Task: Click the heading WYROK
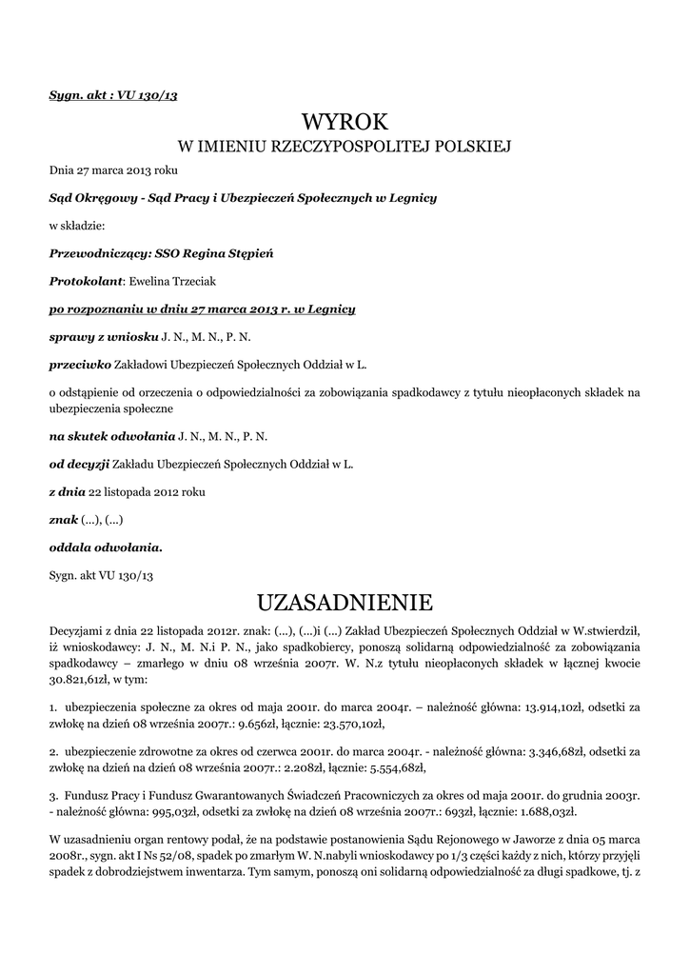tap(345, 122)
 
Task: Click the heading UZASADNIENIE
tap(345, 603)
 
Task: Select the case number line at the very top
tap(113, 96)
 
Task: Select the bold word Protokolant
tap(86, 282)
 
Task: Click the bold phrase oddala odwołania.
tap(106, 547)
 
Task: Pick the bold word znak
tap(63, 520)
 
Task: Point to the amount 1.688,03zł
tap(541, 812)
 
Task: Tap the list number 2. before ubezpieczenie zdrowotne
tap(53, 752)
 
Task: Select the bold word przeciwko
tap(80, 364)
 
